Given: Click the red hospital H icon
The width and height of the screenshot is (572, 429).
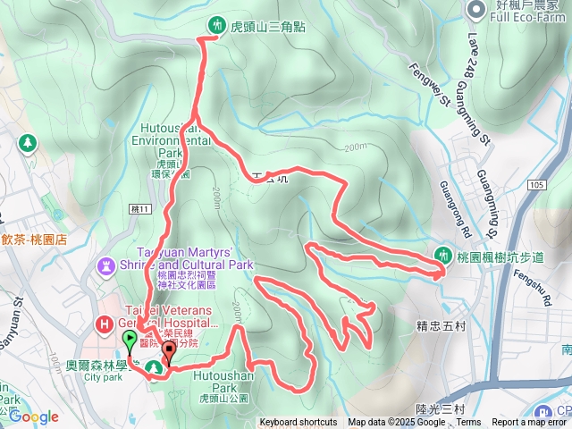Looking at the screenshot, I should [x=104, y=324].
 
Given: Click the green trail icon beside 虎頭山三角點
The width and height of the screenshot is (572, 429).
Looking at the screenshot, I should [x=215, y=25].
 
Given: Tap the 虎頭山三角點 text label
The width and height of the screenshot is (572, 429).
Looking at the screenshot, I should [x=268, y=27].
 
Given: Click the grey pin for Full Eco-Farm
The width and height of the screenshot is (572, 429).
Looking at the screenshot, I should [x=475, y=10].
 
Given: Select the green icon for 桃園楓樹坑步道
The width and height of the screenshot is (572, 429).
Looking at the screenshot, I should [x=441, y=255].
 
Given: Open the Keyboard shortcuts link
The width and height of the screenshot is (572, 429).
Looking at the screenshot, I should [x=299, y=423].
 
